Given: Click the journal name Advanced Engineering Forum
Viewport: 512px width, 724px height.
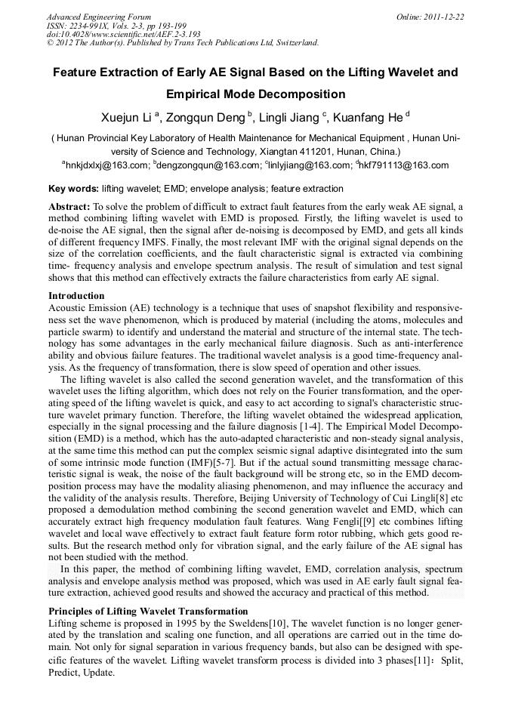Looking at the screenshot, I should click(98, 16).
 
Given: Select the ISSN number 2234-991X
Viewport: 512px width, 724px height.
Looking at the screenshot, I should click(94, 25).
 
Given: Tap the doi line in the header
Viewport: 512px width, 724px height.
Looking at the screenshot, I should click(124, 34).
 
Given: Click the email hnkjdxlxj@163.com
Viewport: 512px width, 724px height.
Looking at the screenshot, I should click(106, 165).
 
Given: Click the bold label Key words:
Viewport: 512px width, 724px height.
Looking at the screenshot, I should click(73, 189).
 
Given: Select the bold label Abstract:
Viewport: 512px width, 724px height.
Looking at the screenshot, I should click(69, 206).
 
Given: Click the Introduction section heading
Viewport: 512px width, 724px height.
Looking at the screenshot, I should click(76, 295).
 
